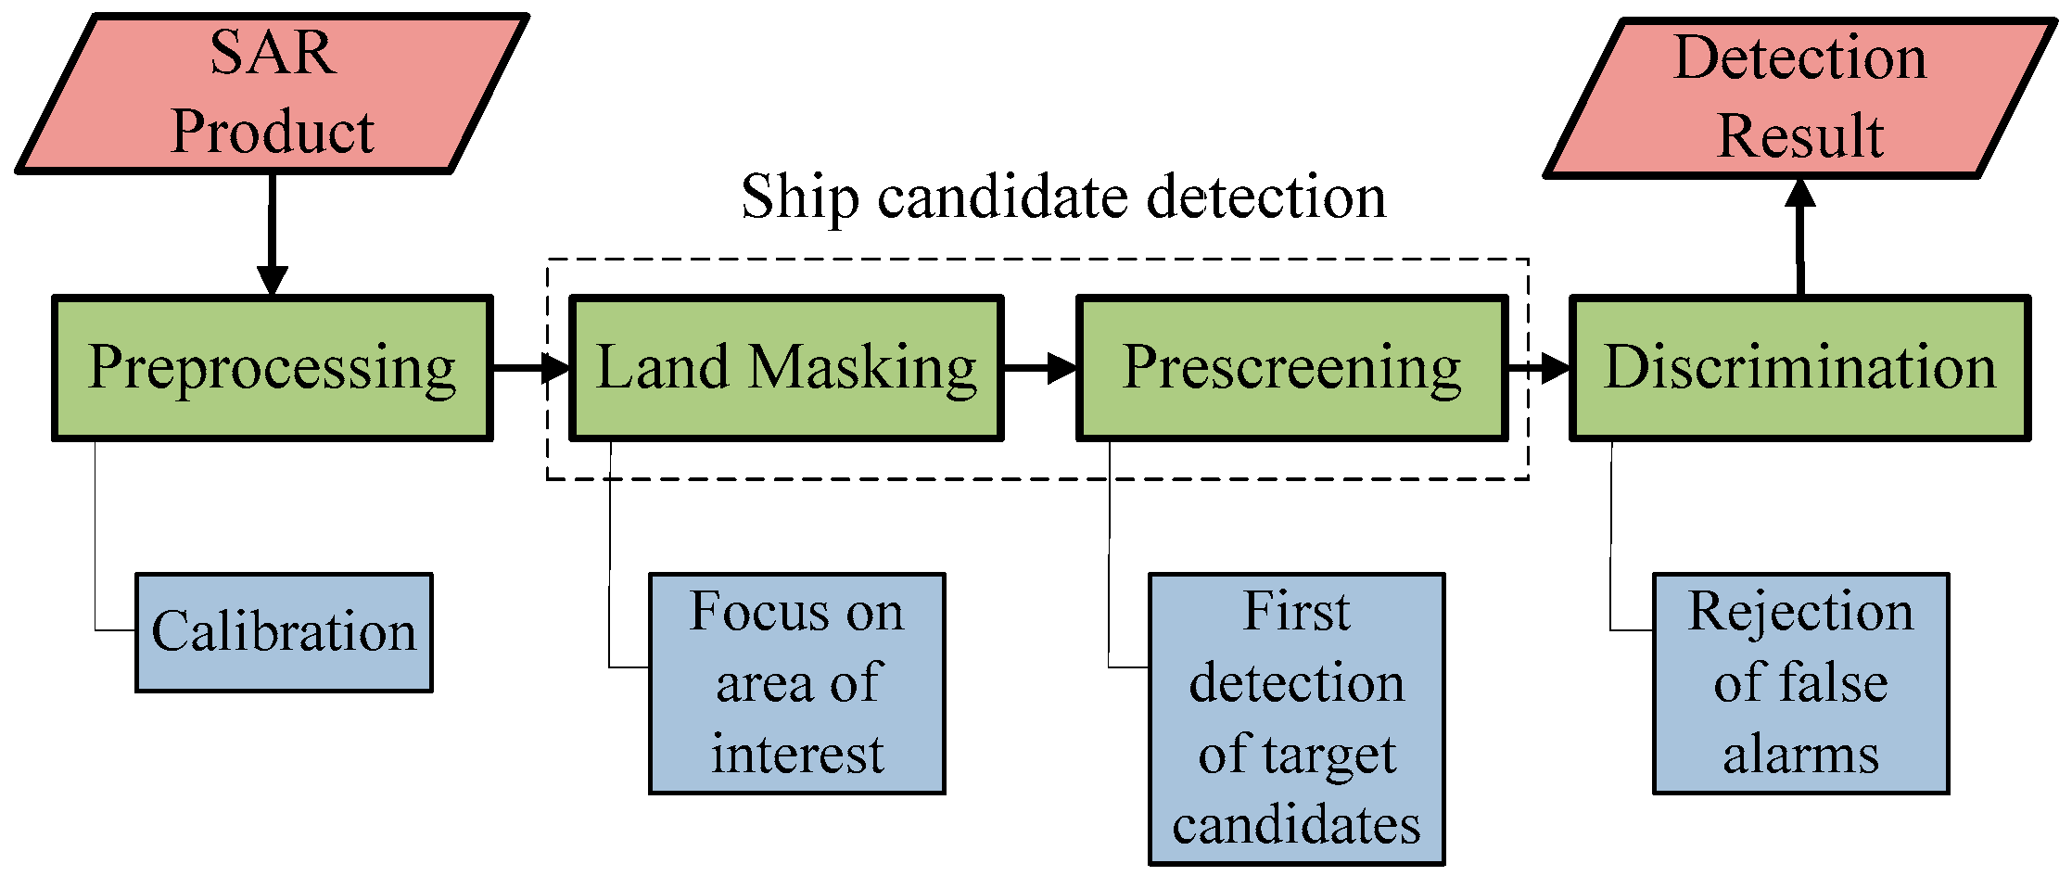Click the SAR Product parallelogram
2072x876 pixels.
[272, 93]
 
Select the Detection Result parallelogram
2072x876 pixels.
[1799, 97]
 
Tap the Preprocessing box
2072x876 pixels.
[272, 368]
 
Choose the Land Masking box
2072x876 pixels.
[785, 368]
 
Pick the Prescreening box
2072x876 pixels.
[1291, 368]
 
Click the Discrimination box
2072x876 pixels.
[1799, 368]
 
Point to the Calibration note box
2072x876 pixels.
[284, 632]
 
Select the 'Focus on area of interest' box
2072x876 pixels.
[796, 683]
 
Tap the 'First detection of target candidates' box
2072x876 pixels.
[1296, 718]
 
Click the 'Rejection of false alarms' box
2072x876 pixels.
[1800, 683]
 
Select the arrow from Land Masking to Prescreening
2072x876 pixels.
[1039, 368]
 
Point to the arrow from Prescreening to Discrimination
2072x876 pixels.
[1539, 368]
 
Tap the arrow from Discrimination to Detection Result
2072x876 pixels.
[1799, 236]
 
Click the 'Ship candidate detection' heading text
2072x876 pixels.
[1063, 197]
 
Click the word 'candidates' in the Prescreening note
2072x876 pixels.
[1296, 824]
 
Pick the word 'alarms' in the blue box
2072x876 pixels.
[1800, 754]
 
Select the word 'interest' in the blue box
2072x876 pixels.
[796, 754]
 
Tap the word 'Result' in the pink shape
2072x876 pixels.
[1799, 136]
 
